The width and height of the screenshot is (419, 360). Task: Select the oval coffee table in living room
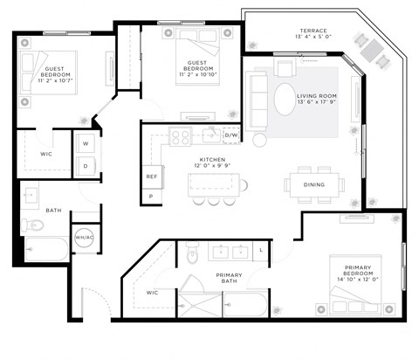tap(285, 98)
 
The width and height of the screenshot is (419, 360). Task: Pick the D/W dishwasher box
tap(231, 135)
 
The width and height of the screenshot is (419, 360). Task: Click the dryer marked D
tap(86, 164)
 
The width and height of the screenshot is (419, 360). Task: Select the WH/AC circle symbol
tap(85, 237)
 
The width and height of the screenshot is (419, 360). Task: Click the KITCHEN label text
tap(212, 161)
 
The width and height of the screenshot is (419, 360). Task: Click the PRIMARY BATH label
tap(229, 280)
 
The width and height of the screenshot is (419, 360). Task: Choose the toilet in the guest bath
tap(33, 226)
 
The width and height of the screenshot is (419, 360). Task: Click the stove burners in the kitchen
tap(181, 136)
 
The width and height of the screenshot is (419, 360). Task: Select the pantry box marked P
tap(151, 197)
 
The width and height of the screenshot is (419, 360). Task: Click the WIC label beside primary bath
tap(152, 293)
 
